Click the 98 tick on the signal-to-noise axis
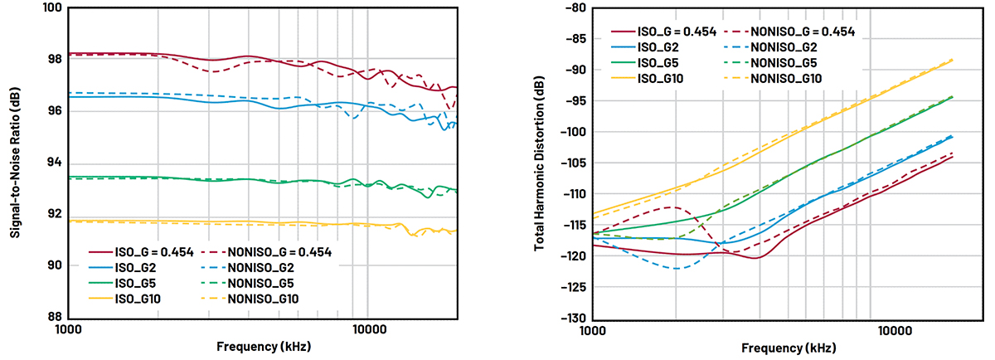51,59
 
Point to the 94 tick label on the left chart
51,162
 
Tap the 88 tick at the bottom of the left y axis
51,317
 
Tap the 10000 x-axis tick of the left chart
368,330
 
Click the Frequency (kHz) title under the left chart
263,347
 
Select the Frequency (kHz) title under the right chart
788,347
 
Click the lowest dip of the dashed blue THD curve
677,269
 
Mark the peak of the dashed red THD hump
677,207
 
